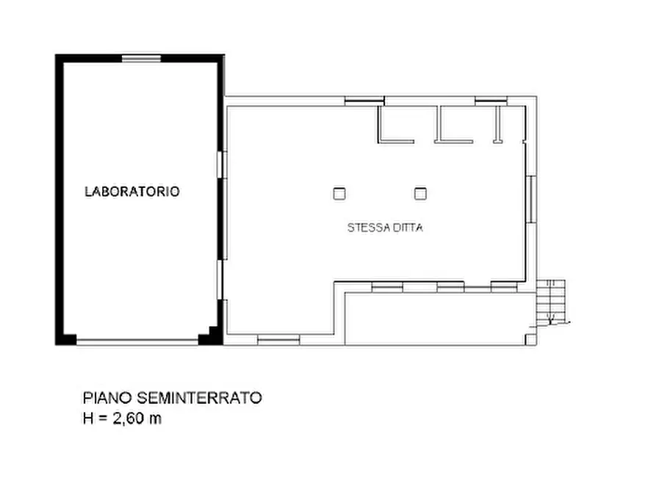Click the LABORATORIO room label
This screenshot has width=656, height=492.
(x=132, y=192)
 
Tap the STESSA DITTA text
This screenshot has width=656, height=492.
(x=385, y=228)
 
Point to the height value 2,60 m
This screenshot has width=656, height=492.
(x=136, y=419)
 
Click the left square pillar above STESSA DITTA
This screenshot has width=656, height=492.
(x=339, y=193)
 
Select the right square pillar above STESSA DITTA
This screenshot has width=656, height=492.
(x=420, y=193)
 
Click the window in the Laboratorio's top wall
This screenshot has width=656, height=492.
(x=141, y=58)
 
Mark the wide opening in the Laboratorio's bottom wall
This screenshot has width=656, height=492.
(x=137, y=341)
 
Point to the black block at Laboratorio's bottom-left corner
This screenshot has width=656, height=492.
(x=66, y=339)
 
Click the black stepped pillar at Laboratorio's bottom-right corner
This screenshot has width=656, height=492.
(x=211, y=336)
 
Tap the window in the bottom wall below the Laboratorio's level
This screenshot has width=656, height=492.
(x=278, y=339)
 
